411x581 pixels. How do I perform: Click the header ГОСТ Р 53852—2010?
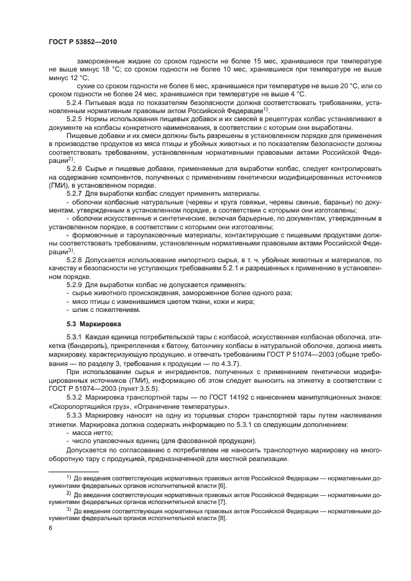[81, 42]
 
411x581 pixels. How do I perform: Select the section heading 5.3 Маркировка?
[94, 324]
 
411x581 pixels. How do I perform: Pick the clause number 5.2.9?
[76, 284]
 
